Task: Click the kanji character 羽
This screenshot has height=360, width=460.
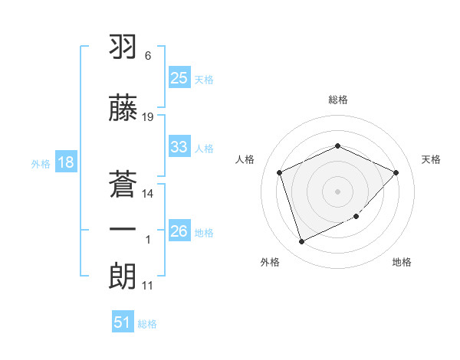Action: coord(123,47)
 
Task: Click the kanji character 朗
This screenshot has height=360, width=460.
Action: coord(123,273)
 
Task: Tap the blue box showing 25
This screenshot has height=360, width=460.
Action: coord(179,78)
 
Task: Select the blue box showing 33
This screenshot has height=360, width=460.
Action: coord(179,146)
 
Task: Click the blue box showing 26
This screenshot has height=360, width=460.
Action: coord(179,231)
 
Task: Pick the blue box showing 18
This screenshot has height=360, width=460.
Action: coord(65,162)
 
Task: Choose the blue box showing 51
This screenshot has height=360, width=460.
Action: coord(123,322)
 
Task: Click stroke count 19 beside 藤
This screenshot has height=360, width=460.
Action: coord(148,117)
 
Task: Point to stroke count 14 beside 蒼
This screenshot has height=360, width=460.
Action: coord(148,194)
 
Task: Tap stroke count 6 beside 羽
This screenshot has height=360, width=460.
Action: coord(147,56)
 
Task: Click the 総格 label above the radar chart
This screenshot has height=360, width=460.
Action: coord(337,100)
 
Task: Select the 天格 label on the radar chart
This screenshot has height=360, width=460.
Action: coord(431,159)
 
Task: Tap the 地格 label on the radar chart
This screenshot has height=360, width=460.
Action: coord(402,262)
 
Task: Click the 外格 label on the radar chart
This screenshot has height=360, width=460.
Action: coord(270,262)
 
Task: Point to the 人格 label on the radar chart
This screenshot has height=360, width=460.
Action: coord(245,159)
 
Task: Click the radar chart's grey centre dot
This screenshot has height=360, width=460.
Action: coord(337,191)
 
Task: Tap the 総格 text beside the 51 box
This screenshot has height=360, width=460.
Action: coord(147,324)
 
